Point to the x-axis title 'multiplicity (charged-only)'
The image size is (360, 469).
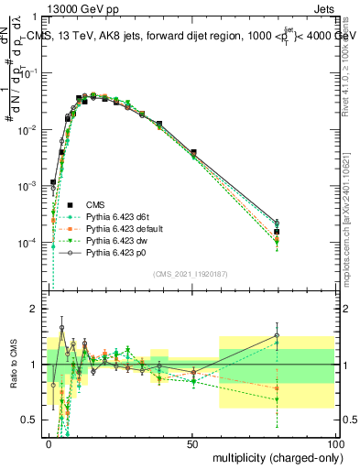click(271, 455)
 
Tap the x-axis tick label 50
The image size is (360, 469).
click(192, 442)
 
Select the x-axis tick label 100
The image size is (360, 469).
click(335, 442)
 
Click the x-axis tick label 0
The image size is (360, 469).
click(49, 442)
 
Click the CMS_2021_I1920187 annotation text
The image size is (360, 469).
click(191, 273)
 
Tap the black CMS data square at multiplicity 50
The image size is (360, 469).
click(193, 152)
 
